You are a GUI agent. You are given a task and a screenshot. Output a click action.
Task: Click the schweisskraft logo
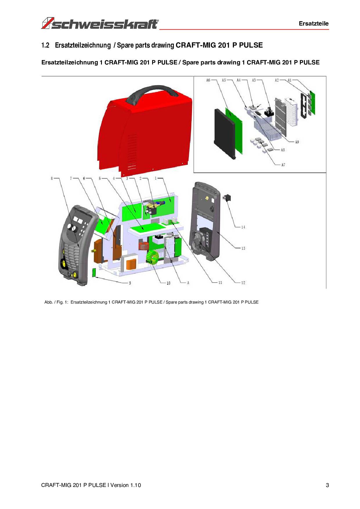tap(100, 24)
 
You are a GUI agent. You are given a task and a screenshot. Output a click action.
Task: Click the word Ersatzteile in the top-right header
tap(314, 24)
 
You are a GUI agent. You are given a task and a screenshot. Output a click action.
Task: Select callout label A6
tap(208, 80)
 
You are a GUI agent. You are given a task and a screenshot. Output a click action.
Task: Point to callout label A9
tap(297, 142)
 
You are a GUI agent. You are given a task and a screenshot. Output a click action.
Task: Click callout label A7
tap(283, 165)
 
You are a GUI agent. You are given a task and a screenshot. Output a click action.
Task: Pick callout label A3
tap(254, 80)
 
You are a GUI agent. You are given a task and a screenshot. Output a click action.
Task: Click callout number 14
tap(243, 227)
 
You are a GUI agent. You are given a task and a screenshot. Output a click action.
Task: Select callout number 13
tap(243, 248)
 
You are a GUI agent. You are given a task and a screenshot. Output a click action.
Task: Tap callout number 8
tap(52, 178)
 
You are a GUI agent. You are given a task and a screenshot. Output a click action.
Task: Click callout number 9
tap(130, 283)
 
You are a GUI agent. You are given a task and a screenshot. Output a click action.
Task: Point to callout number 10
tap(168, 283)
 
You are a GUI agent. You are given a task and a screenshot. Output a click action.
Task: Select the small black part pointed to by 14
tap(227, 198)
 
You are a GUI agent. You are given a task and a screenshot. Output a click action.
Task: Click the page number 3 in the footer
tap(327, 485)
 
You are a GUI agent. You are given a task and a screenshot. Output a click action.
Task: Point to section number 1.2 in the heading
tap(45, 45)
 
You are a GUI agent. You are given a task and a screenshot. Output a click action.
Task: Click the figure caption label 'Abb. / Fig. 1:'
tap(56, 302)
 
